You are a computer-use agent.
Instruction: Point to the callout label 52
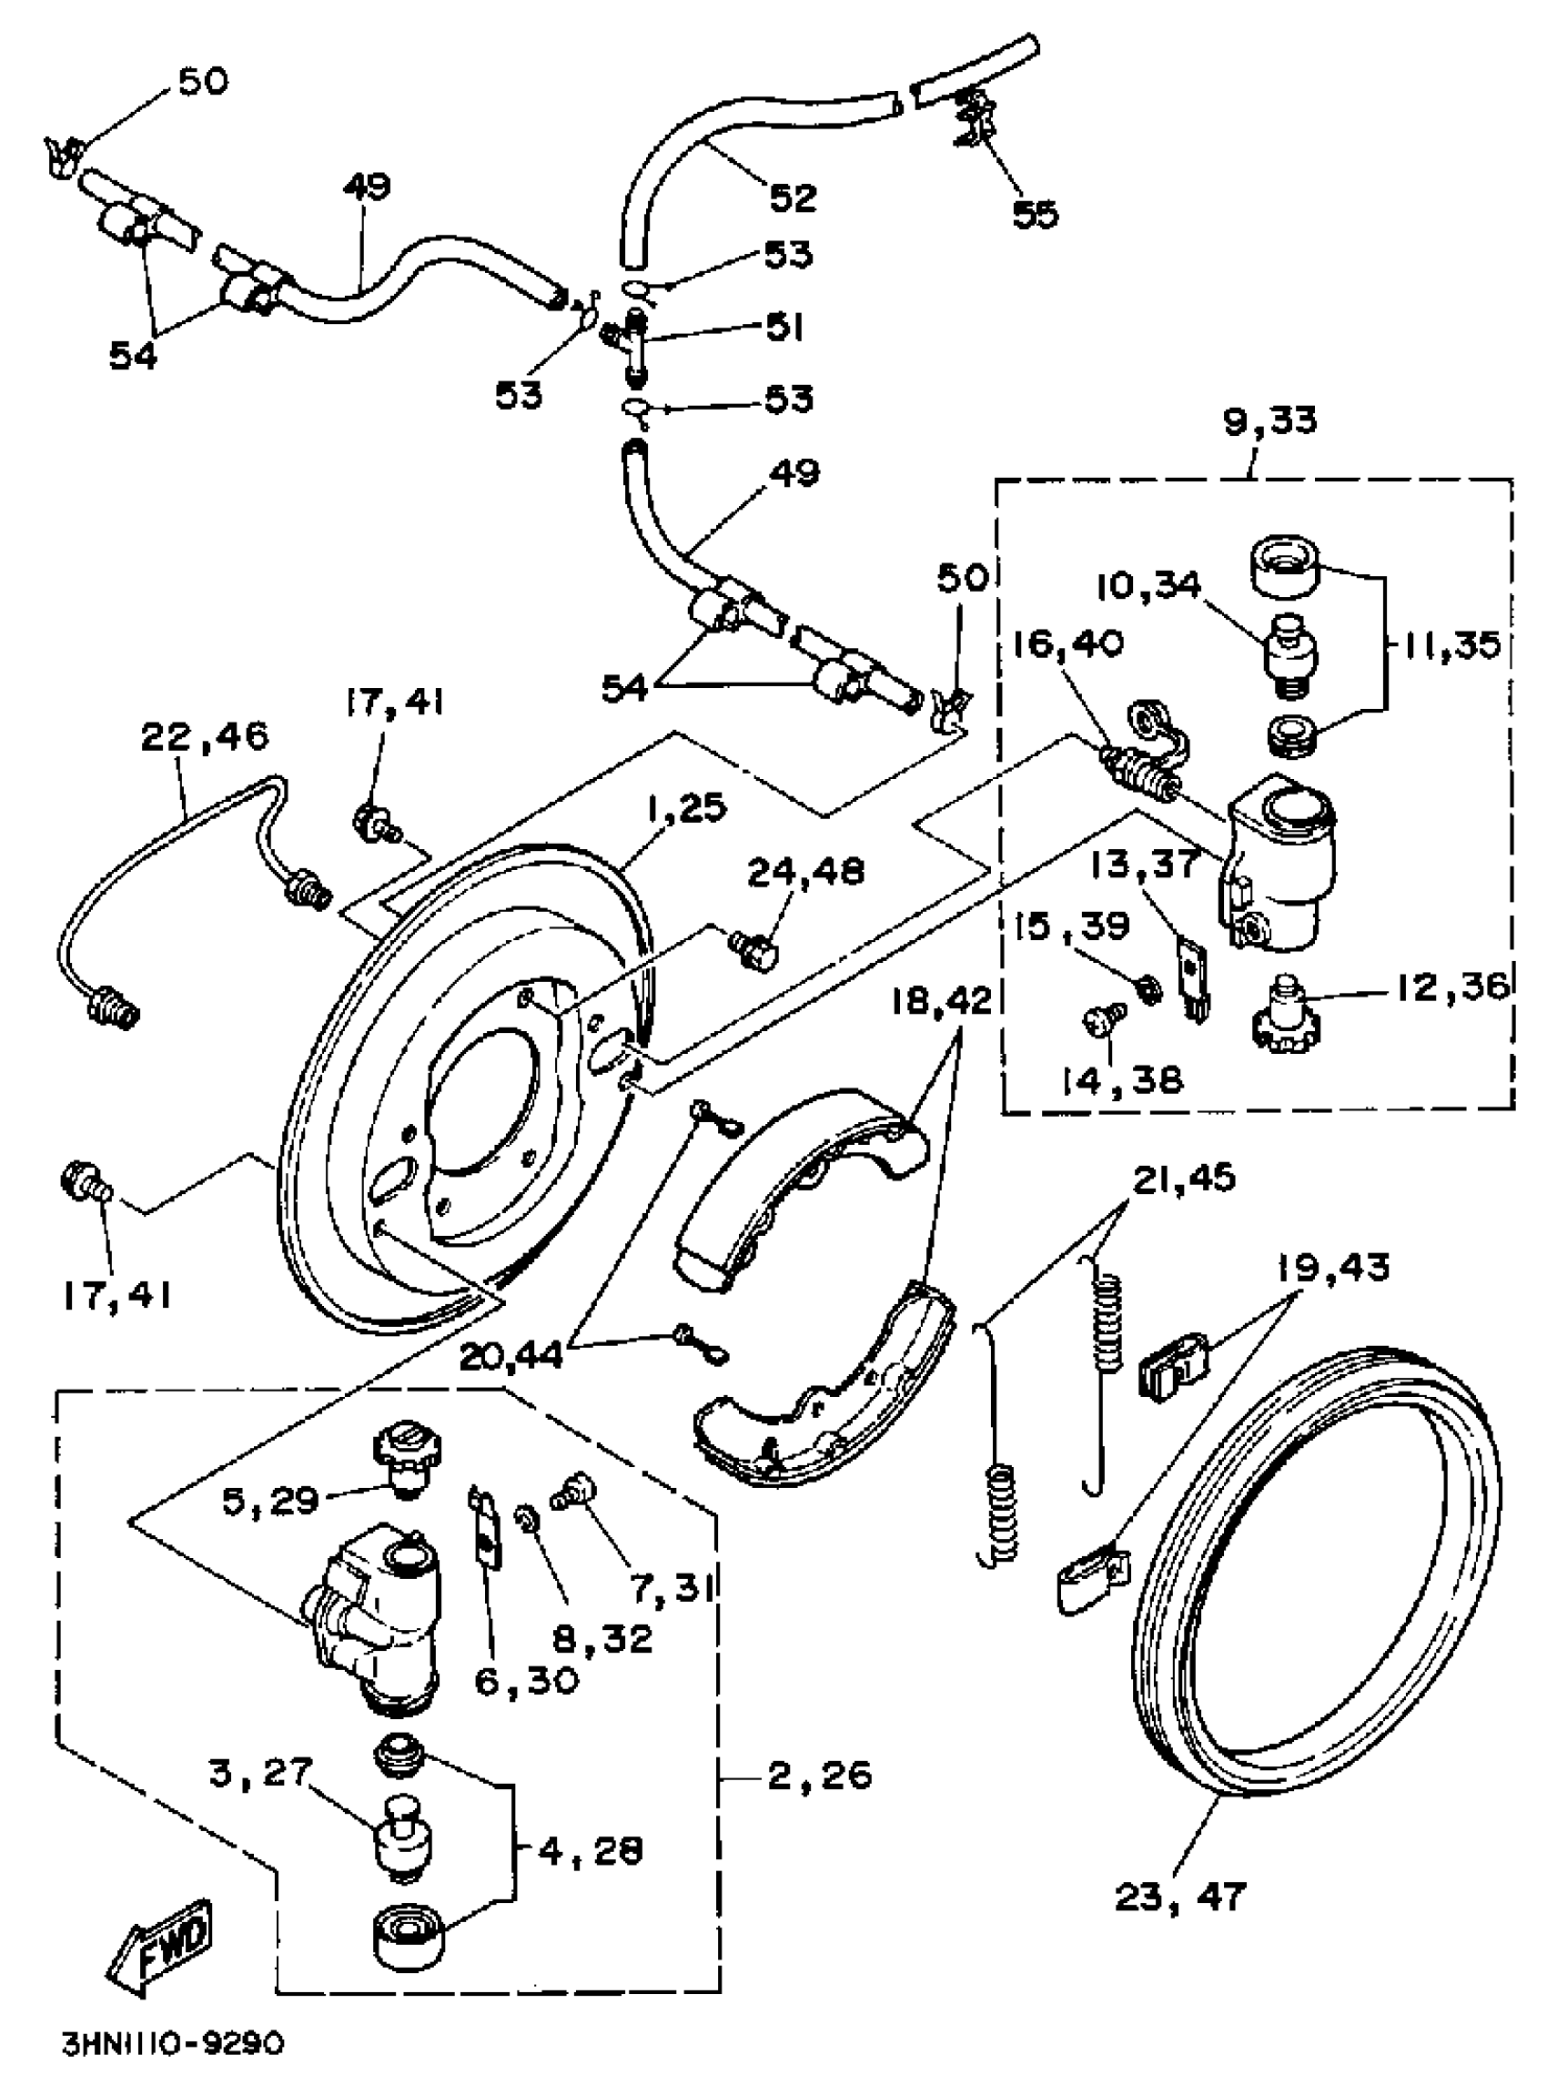pos(794,197)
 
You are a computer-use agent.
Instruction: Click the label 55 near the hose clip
pos(1036,214)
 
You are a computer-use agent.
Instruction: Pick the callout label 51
pos(784,328)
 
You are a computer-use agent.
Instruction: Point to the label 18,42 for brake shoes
pos(941,1001)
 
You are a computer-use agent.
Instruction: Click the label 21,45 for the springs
pos(1184,1178)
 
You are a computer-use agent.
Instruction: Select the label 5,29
pos(271,1500)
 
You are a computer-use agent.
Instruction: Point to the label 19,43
pos(1334,1269)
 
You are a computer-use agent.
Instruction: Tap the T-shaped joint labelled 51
pos(635,347)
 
